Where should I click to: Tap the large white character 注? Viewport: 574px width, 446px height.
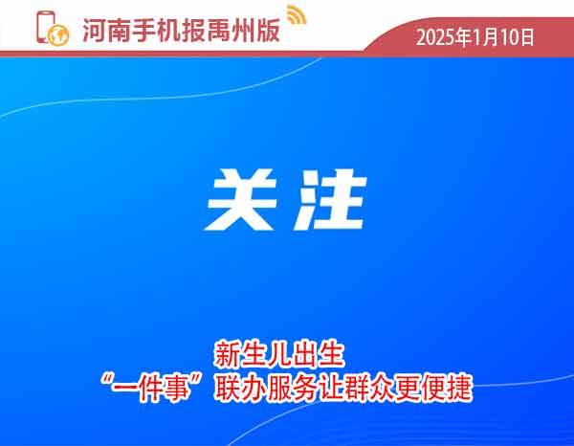point(330,200)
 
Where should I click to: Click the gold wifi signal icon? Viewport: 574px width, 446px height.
point(297,14)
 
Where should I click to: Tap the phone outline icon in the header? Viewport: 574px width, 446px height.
point(45,27)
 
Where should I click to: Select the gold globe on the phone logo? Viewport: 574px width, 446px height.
point(58,35)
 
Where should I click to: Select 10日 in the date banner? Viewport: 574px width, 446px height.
point(518,37)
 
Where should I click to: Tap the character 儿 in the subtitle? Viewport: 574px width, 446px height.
point(279,354)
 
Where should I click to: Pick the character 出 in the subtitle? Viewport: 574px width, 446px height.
point(305,354)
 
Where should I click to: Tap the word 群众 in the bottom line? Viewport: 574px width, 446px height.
point(369,389)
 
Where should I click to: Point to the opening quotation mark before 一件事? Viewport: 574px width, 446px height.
point(106,381)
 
